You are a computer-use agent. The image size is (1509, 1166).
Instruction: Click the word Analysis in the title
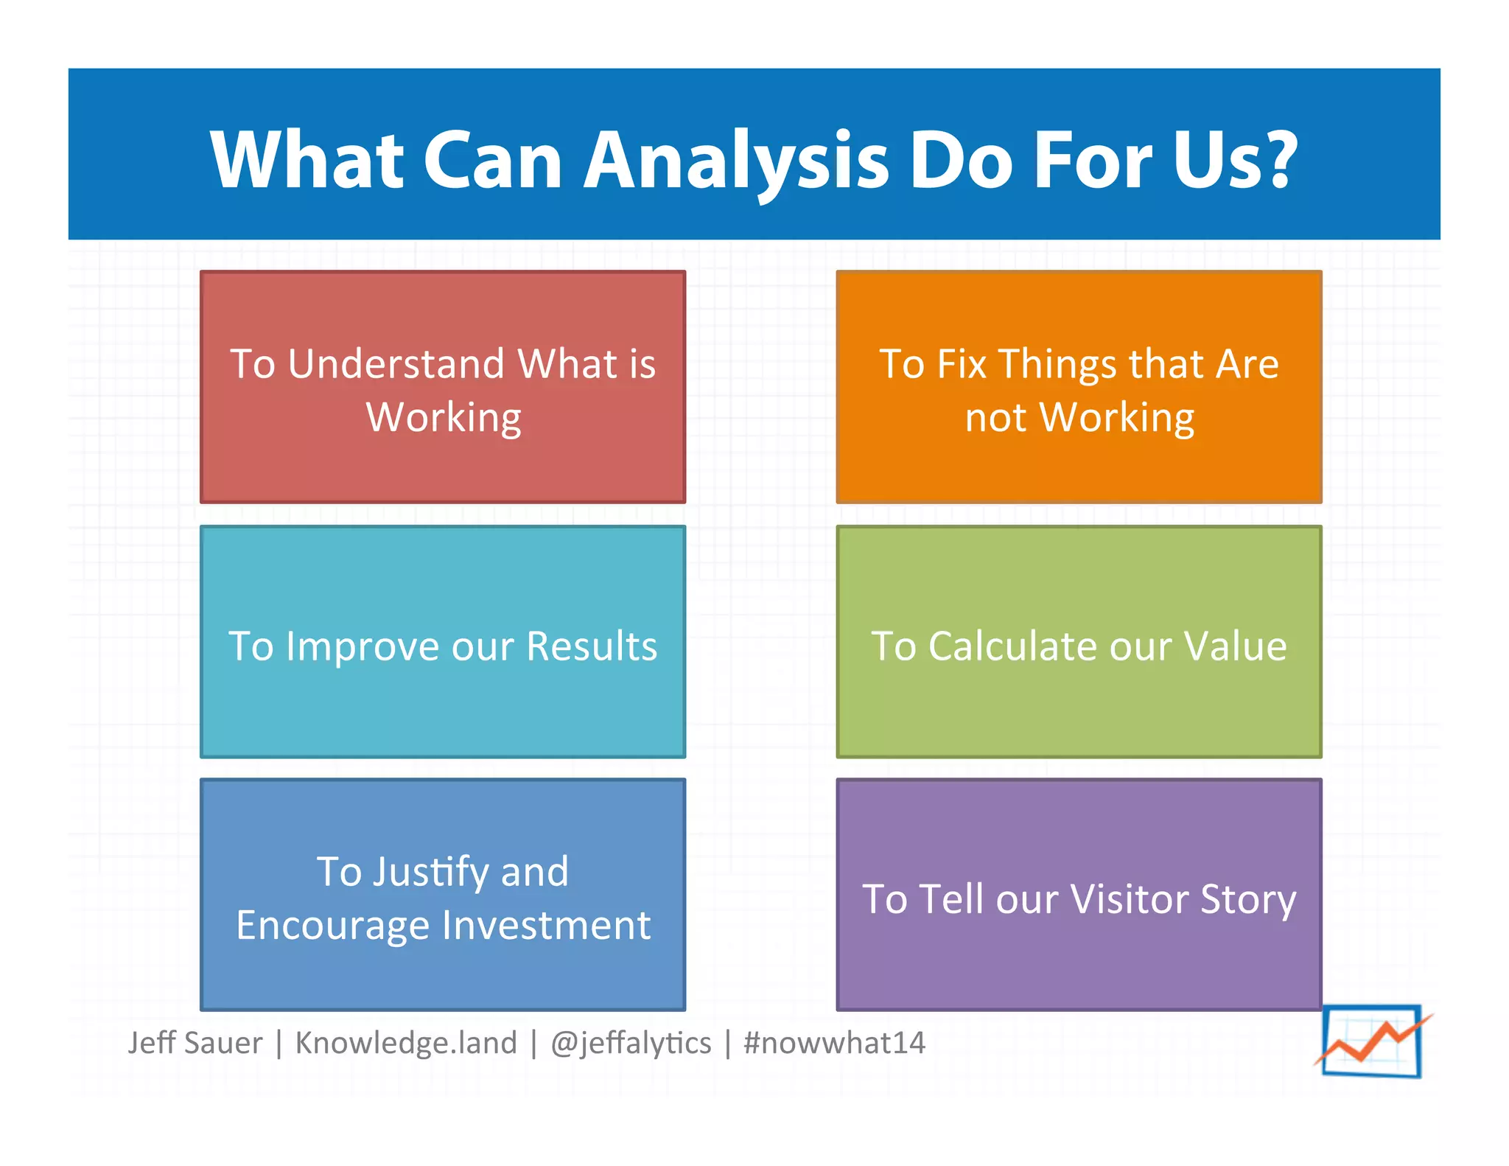[737, 160]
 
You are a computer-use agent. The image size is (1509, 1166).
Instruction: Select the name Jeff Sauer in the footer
[195, 1043]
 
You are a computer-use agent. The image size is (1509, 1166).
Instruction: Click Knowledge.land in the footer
[406, 1043]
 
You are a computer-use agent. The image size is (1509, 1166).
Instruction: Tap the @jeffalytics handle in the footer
[631, 1043]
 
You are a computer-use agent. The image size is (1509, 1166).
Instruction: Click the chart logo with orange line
[1372, 1041]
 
